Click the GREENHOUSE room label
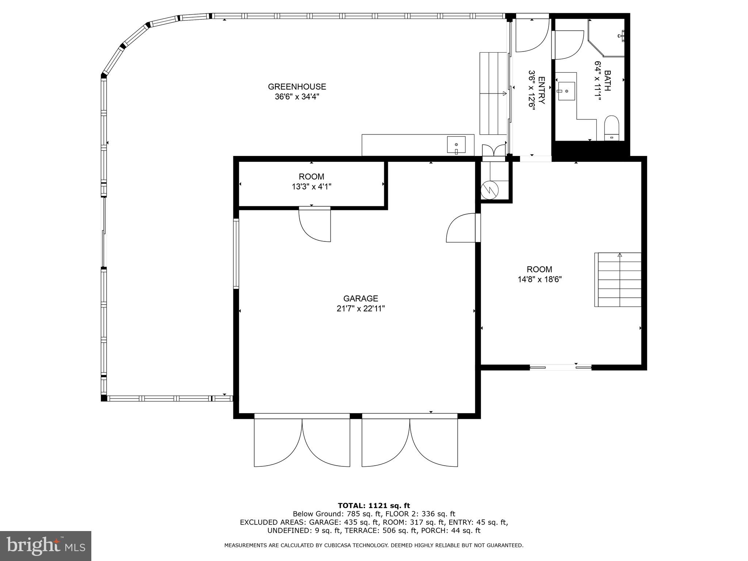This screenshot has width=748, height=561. (297, 87)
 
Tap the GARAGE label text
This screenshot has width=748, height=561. (360, 299)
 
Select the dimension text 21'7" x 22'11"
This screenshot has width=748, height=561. (360, 309)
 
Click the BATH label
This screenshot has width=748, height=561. (607, 80)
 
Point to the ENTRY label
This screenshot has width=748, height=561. (542, 90)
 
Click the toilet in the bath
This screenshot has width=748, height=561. (612, 128)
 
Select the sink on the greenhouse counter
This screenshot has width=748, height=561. (456, 145)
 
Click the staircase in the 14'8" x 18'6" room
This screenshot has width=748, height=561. (618, 280)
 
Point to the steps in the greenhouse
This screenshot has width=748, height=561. (493, 93)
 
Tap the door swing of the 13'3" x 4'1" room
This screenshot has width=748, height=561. (315, 224)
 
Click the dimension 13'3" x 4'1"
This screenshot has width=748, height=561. (312, 187)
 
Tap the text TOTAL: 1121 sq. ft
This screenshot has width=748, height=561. (374, 506)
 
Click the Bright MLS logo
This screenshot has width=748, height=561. (46, 546)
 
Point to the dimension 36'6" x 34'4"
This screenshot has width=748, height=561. (297, 97)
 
